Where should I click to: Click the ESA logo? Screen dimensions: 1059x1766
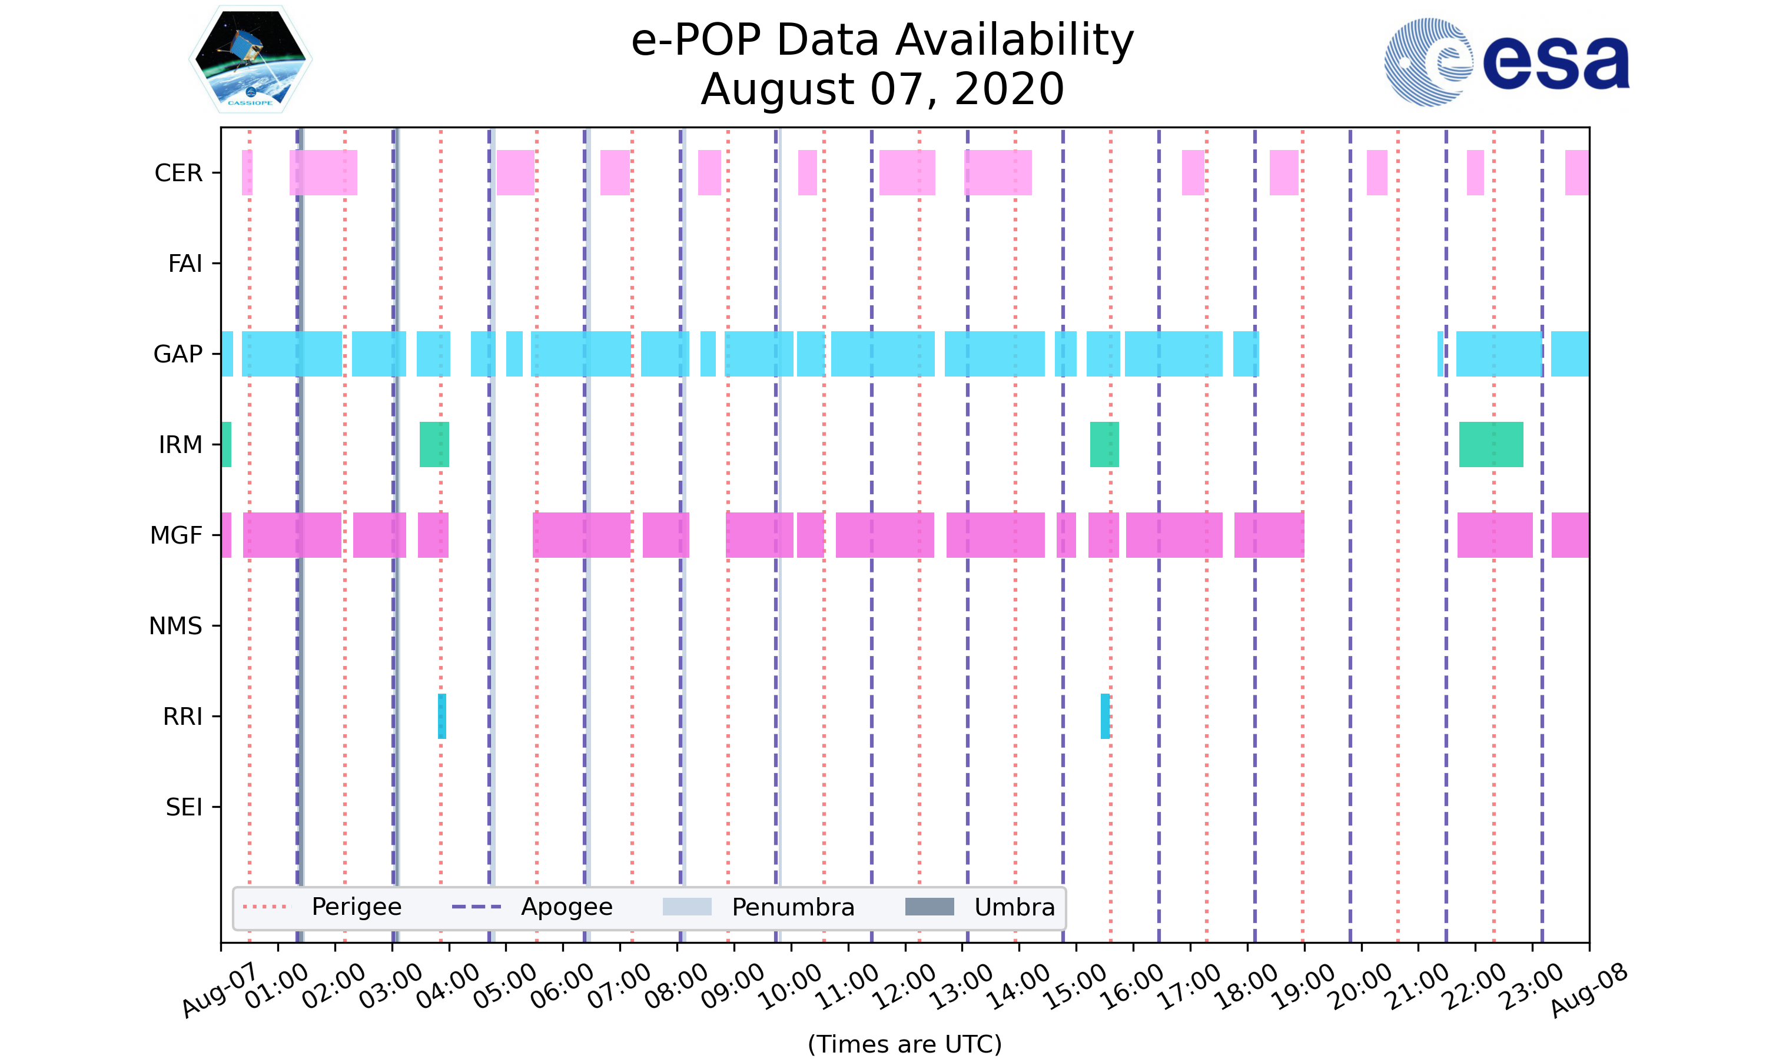(x=1506, y=63)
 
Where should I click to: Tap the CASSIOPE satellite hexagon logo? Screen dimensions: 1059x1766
(x=251, y=60)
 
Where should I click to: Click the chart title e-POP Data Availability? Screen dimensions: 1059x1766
(x=882, y=40)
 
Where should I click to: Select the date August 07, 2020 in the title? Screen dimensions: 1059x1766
(x=882, y=90)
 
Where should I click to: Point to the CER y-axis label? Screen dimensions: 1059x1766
(x=178, y=174)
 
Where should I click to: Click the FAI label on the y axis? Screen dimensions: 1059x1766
(x=185, y=264)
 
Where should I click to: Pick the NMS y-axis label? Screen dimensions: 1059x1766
(x=175, y=627)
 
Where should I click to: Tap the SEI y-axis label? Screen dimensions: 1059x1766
(x=184, y=808)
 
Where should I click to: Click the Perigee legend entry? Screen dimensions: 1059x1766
(x=356, y=907)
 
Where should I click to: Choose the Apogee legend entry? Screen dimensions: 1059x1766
(x=566, y=907)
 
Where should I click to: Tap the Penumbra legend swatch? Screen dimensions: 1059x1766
(x=687, y=907)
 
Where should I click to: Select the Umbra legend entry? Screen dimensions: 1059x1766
(x=1014, y=907)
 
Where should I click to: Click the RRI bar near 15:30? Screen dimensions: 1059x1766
(x=1105, y=717)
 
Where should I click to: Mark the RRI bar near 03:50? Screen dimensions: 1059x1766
(x=442, y=717)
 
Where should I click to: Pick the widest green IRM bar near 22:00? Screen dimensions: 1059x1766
(x=1491, y=445)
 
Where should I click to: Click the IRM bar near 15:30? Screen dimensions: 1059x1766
(x=1104, y=445)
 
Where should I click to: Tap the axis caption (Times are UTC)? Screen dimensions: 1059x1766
(x=904, y=1044)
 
